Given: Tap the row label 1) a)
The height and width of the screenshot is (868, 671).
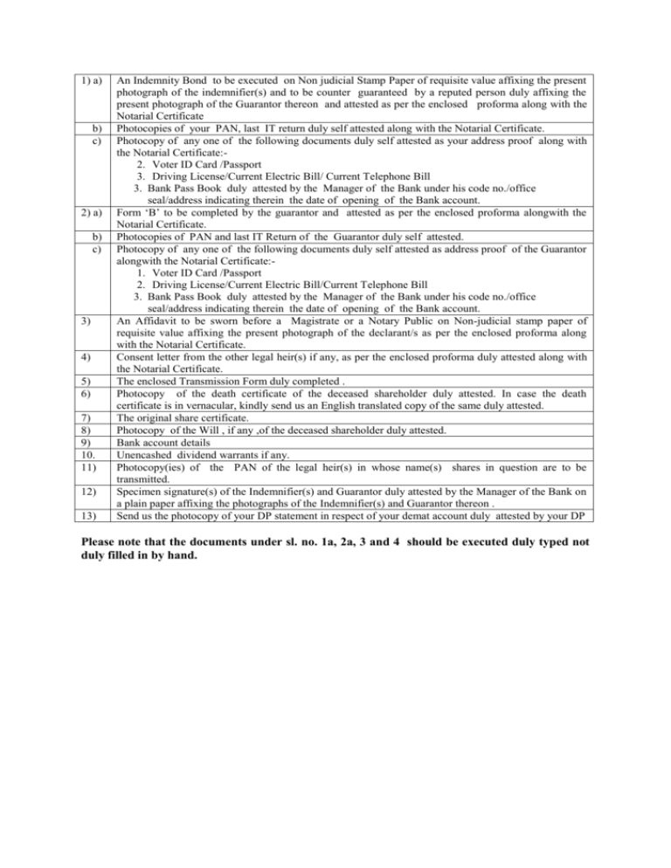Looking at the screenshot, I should (x=91, y=80).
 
